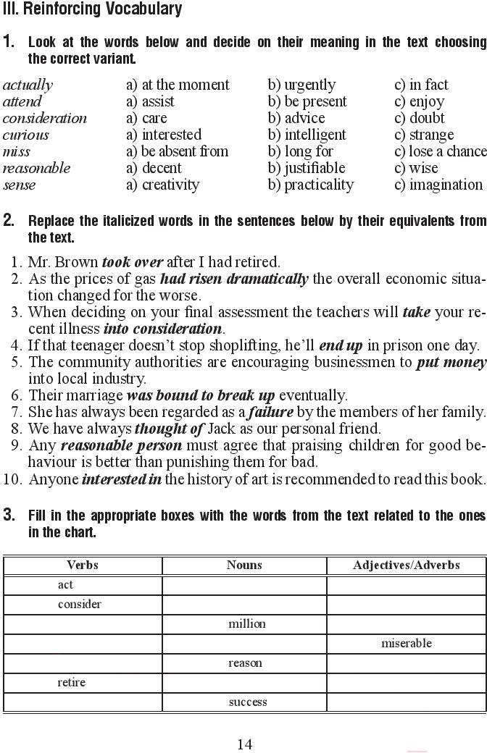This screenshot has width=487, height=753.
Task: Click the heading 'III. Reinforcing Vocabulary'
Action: tap(92, 9)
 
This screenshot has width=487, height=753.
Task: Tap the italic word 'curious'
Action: tap(26, 135)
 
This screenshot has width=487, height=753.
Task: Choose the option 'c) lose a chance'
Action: tap(440, 151)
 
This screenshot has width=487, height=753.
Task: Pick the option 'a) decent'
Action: tap(154, 168)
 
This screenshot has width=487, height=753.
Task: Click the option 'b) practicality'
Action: tap(310, 185)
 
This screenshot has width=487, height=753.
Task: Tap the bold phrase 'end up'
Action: tap(341, 345)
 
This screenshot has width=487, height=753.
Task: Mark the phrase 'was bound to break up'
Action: tap(201, 395)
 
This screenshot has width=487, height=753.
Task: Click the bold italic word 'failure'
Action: tap(271, 412)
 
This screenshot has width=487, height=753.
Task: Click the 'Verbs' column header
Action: tap(82, 565)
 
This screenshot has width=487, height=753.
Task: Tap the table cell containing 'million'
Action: tap(247, 623)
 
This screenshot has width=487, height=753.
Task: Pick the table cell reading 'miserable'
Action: tap(406, 643)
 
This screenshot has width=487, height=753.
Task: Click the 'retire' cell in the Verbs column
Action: tap(72, 682)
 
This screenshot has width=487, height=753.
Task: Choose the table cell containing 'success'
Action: tap(247, 702)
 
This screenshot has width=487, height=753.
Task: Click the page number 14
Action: tap(244, 744)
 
